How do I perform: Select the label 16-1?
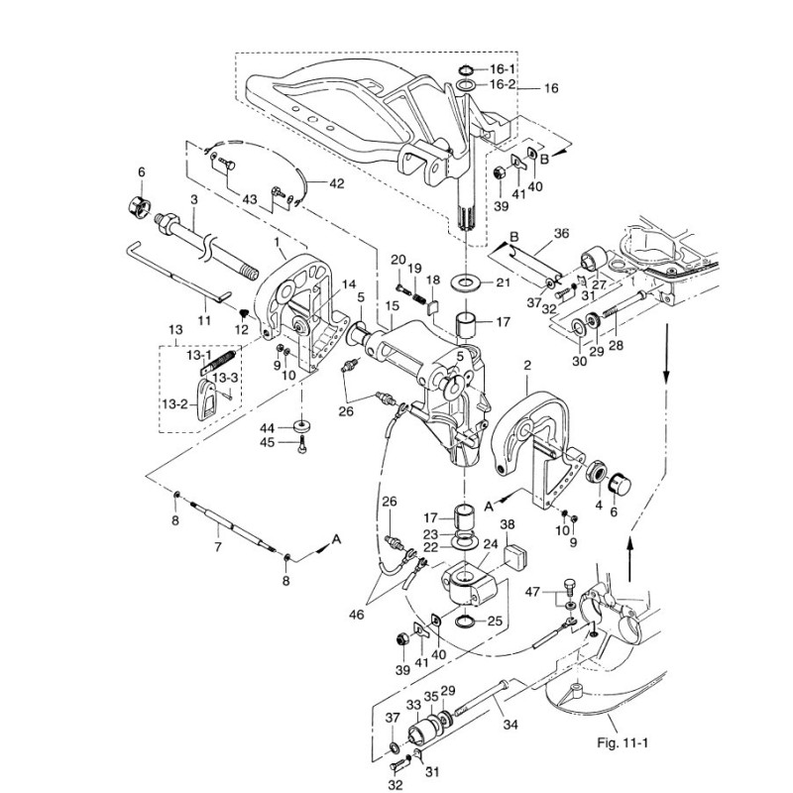pos(503,69)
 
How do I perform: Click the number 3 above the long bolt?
pos(194,200)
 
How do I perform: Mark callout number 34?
pos(510,726)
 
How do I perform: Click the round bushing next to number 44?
pos(302,428)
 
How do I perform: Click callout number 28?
pos(615,345)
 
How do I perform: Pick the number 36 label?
pos(562,235)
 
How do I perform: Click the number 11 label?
pos(204,320)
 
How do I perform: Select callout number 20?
pos(397,260)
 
